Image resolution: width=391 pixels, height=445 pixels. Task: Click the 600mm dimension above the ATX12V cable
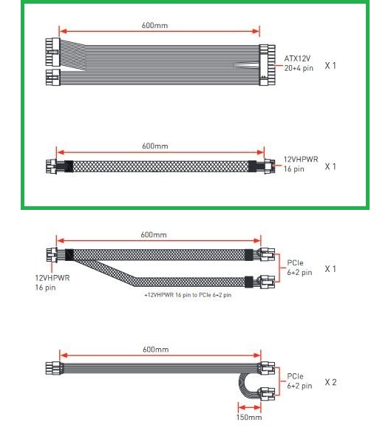[154, 26]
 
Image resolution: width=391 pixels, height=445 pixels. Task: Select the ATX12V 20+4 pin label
[299, 64]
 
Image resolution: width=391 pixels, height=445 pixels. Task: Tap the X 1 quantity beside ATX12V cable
[330, 66]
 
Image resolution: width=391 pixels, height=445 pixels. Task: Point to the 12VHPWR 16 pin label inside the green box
[301, 164]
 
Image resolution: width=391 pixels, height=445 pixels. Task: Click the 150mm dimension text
[249, 417]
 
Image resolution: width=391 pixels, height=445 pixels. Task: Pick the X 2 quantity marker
[330, 382]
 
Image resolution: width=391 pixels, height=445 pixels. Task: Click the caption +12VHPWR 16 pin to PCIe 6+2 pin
[188, 295]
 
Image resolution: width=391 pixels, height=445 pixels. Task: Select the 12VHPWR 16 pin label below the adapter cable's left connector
[52, 282]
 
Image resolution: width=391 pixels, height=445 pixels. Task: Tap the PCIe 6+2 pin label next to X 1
[299, 268]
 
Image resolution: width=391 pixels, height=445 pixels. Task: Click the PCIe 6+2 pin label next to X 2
[299, 381]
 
